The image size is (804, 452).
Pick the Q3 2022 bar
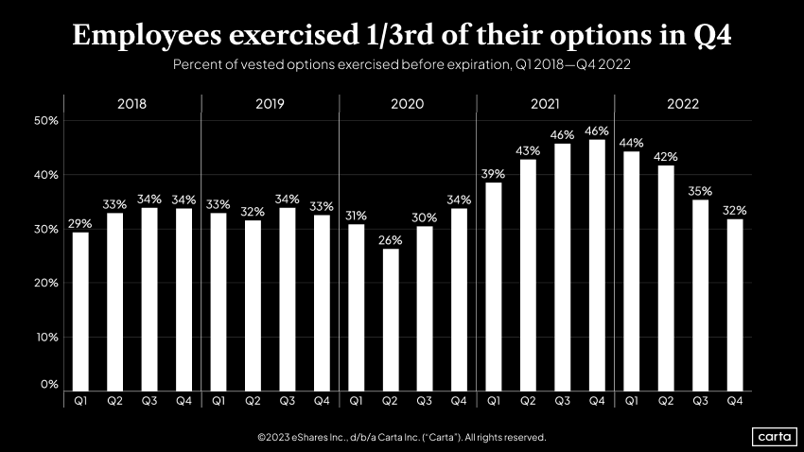pos(700,294)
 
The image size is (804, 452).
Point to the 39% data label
pos(494,173)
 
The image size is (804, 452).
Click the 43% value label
pos(528,150)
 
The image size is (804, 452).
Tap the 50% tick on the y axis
pos(46,121)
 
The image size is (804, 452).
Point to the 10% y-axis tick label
pos(46,337)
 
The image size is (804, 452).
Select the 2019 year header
pos(270,104)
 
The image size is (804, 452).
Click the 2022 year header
pos(682,104)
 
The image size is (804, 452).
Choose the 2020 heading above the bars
pos(407,104)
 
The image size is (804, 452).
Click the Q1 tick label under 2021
pos(494,401)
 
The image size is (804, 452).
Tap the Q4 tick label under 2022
pos(735,401)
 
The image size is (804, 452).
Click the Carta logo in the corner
pos(772,437)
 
